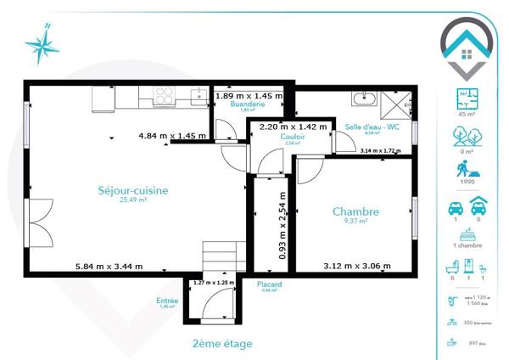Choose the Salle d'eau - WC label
372,127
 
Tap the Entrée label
166,300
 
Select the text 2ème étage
222,343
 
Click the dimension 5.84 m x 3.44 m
109,266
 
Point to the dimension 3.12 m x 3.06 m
356,266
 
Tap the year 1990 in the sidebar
465,181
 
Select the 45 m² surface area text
465,113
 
